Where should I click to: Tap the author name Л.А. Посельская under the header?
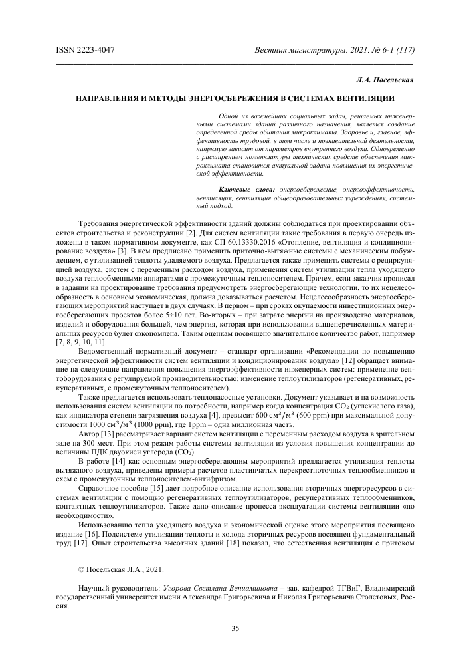[385, 80]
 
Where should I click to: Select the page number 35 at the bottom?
[235, 628]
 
